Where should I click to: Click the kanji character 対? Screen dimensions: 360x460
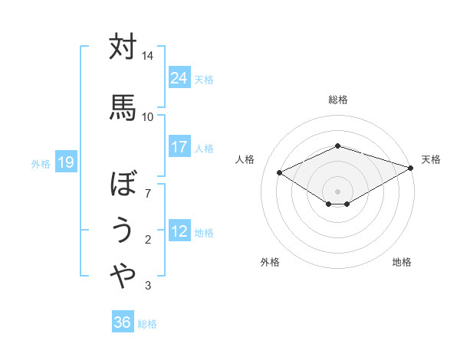(x=123, y=47)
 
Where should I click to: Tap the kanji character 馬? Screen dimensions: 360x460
(x=123, y=106)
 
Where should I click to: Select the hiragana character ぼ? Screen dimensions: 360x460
(x=123, y=184)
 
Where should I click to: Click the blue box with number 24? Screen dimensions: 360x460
(x=179, y=77)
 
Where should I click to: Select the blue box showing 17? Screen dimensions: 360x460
(x=179, y=147)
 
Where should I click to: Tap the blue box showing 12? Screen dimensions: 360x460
(x=179, y=231)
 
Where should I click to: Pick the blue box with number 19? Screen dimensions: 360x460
(x=65, y=162)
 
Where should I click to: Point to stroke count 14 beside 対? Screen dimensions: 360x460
(x=148, y=57)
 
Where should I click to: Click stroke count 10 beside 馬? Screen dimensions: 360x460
(x=148, y=116)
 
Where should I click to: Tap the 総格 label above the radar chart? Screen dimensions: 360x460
(x=338, y=100)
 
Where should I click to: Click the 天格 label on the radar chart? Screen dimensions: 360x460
(x=431, y=159)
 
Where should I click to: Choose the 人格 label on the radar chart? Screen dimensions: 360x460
(x=245, y=159)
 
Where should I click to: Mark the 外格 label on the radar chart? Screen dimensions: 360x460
(x=270, y=262)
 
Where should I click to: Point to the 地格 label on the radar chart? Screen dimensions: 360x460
(x=402, y=262)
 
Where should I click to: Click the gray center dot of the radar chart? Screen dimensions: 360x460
(x=337, y=190)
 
